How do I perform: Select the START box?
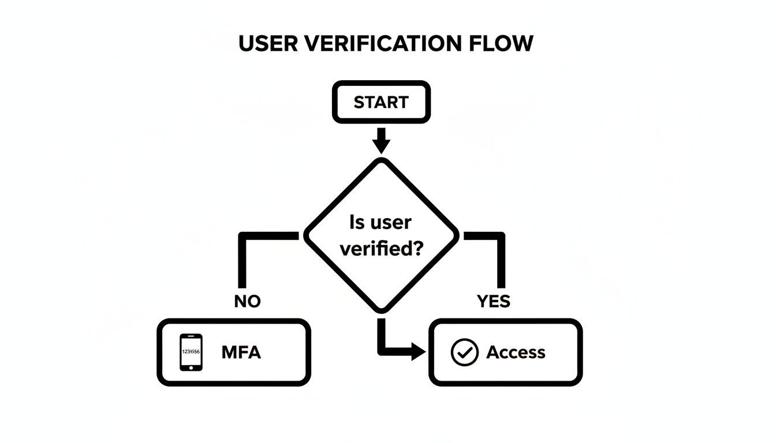[381, 102]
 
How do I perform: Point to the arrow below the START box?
[381, 140]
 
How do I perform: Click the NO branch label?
[247, 301]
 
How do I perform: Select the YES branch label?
[494, 301]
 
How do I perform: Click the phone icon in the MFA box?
[191, 352]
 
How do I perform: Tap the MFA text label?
[241, 352]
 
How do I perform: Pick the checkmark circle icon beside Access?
[464, 352]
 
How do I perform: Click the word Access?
[516, 352]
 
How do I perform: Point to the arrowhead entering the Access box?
[418, 351]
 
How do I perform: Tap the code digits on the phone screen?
[191, 351]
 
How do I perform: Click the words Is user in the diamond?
[381, 221]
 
